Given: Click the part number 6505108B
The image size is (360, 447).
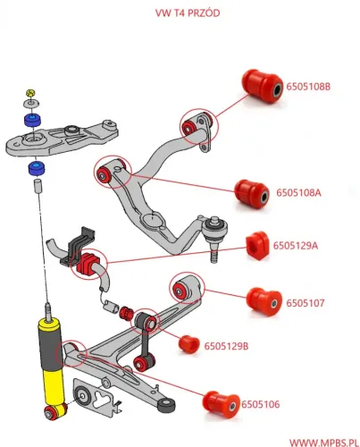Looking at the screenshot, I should coord(309,87).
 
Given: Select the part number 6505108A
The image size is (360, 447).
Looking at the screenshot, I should coord(299,191).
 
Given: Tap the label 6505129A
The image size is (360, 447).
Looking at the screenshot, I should coord(297,244).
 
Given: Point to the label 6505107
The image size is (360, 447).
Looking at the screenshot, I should coord(306,303).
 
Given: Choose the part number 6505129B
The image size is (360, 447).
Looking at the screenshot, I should coord(227,344).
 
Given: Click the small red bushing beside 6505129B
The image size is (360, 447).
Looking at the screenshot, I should coord(188,342).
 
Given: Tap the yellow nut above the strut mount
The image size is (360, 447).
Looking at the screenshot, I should coord(30,93).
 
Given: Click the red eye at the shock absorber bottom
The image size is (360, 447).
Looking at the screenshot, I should coord(57,412).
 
